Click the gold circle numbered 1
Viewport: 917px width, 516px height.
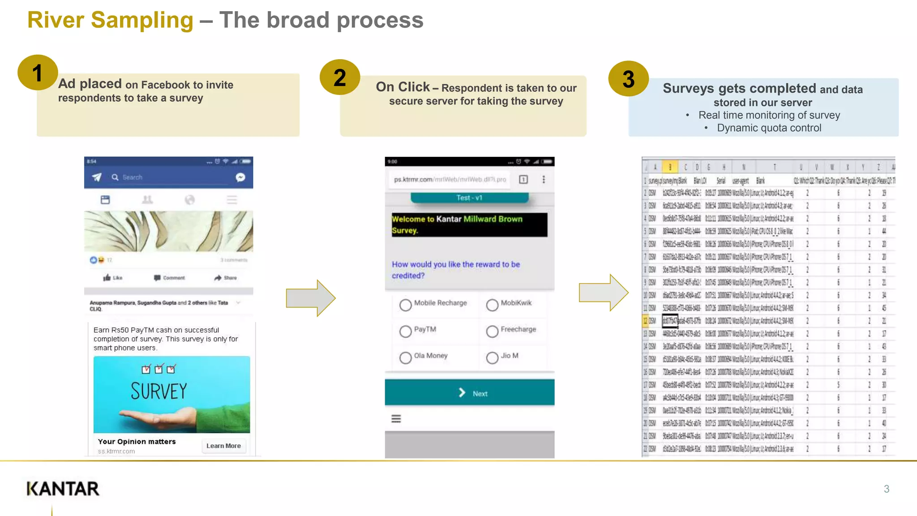point(38,73)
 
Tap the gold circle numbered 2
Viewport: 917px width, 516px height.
point(340,77)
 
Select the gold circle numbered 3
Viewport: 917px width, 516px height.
point(628,79)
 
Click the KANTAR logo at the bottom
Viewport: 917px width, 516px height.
point(63,489)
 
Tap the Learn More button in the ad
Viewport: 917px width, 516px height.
point(223,446)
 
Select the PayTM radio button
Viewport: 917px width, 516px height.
point(405,331)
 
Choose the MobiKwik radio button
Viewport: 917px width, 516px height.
point(492,305)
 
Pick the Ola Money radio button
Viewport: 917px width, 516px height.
point(405,357)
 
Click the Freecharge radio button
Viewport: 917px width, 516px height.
point(492,331)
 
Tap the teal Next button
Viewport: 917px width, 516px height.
point(469,393)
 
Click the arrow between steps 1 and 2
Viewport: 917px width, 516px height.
point(310,298)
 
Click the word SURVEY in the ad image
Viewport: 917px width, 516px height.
point(159,391)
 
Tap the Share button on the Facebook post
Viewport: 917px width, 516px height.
point(226,278)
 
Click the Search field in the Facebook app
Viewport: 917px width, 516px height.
point(170,177)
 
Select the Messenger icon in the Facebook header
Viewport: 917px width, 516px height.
point(240,177)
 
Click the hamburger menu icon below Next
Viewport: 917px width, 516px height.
point(396,419)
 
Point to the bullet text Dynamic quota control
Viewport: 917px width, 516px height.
point(769,128)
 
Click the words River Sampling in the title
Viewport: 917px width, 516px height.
point(110,20)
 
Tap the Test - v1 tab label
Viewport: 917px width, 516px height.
point(469,198)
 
